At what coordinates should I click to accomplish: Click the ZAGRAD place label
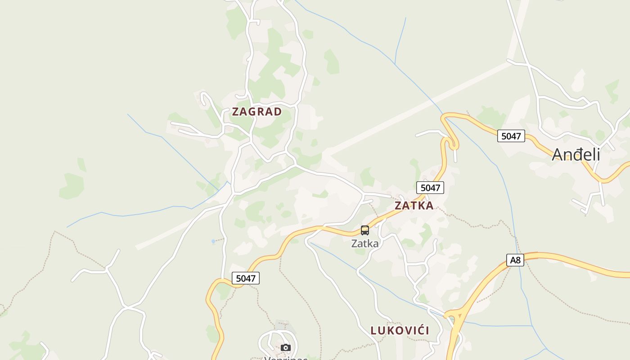click(x=257, y=112)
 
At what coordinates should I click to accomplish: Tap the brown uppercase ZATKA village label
click(x=414, y=206)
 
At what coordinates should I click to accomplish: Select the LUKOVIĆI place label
click(x=400, y=330)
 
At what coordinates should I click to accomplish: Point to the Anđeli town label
click(x=576, y=154)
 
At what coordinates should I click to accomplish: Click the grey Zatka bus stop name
click(x=365, y=243)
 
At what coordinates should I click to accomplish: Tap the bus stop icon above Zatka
click(x=365, y=230)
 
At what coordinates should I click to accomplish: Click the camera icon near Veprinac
click(x=285, y=347)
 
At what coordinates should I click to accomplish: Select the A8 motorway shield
click(x=515, y=260)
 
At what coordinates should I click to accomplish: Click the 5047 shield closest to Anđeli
click(x=511, y=136)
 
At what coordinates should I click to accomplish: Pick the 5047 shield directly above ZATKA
click(x=430, y=188)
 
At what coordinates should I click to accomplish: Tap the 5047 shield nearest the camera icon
click(x=246, y=278)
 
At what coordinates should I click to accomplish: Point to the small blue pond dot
click(x=213, y=242)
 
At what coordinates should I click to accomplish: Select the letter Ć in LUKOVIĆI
click(x=418, y=330)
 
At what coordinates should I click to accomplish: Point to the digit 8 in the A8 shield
click(x=518, y=260)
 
